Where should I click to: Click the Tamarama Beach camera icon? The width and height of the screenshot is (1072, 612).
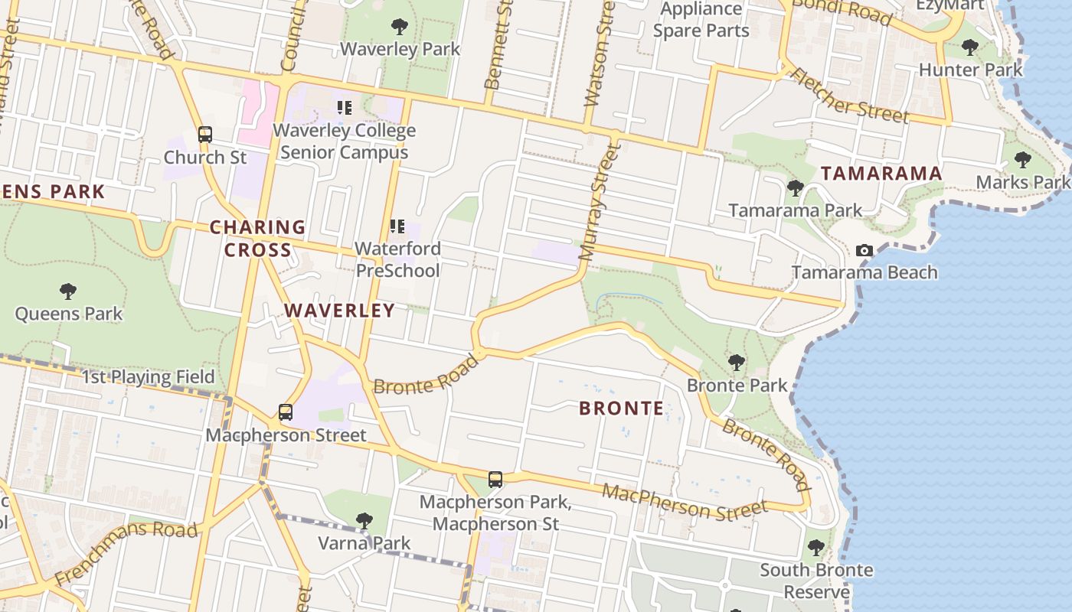click(864, 250)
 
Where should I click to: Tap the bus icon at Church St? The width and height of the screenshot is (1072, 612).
click(204, 135)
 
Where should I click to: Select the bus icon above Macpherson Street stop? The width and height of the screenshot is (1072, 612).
click(286, 412)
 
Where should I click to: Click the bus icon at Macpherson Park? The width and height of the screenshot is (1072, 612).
click(495, 480)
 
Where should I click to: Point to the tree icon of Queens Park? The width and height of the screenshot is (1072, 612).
click(68, 291)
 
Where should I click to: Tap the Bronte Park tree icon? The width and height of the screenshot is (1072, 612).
click(737, 362)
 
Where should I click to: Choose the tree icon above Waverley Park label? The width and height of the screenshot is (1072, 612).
click(399, 27)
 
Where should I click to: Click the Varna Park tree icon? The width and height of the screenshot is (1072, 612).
click(364, 521)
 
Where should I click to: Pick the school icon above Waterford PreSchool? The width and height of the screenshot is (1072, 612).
click(397, 226)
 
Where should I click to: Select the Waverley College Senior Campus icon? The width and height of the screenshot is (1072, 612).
click(344, 108)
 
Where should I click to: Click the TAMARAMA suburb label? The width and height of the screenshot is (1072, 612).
click(881, 174)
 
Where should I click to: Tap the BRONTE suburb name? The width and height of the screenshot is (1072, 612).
click(622, 408)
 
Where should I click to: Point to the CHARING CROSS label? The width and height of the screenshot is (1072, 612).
click(257, 238)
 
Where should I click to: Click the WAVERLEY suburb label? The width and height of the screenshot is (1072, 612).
click(340, 310)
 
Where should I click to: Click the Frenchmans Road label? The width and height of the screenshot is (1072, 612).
click(127, 552)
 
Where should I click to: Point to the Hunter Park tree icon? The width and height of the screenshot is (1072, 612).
click(969, 47)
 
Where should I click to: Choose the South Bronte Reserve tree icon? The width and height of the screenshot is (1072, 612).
click(815, 548)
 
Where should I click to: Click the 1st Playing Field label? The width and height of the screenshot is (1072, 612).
click(148, 376)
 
